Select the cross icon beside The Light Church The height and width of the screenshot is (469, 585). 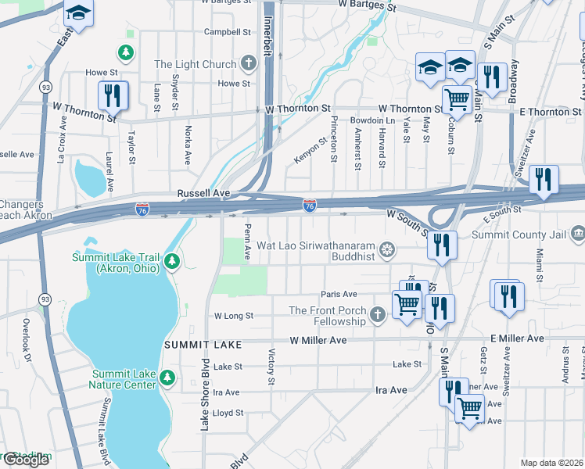(x=248, y=64)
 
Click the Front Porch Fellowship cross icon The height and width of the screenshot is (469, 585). (x=378, y=315)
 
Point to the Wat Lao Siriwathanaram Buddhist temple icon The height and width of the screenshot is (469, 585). (x=386, y=250)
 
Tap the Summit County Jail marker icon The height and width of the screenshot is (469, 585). (x=577, y=234)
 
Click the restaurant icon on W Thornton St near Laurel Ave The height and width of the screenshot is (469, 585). (x=113, y=96)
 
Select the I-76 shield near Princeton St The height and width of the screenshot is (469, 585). (x=310, y=206)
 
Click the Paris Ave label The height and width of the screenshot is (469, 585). (x=338, y=295)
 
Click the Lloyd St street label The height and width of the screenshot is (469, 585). (x=228, y=413)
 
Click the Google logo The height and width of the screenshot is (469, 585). (x=26, y=460)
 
